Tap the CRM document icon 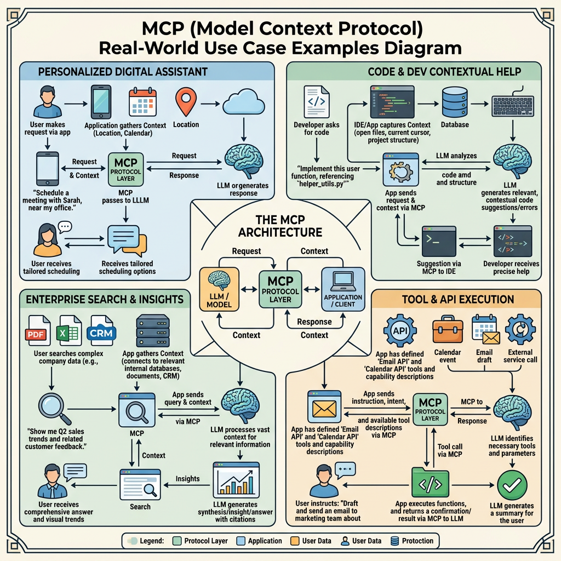coord(102,330)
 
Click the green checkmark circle coord(512,484)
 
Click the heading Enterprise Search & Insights coord(104,299)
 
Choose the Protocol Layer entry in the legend coord(201,541)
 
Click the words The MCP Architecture coord(281,226)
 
